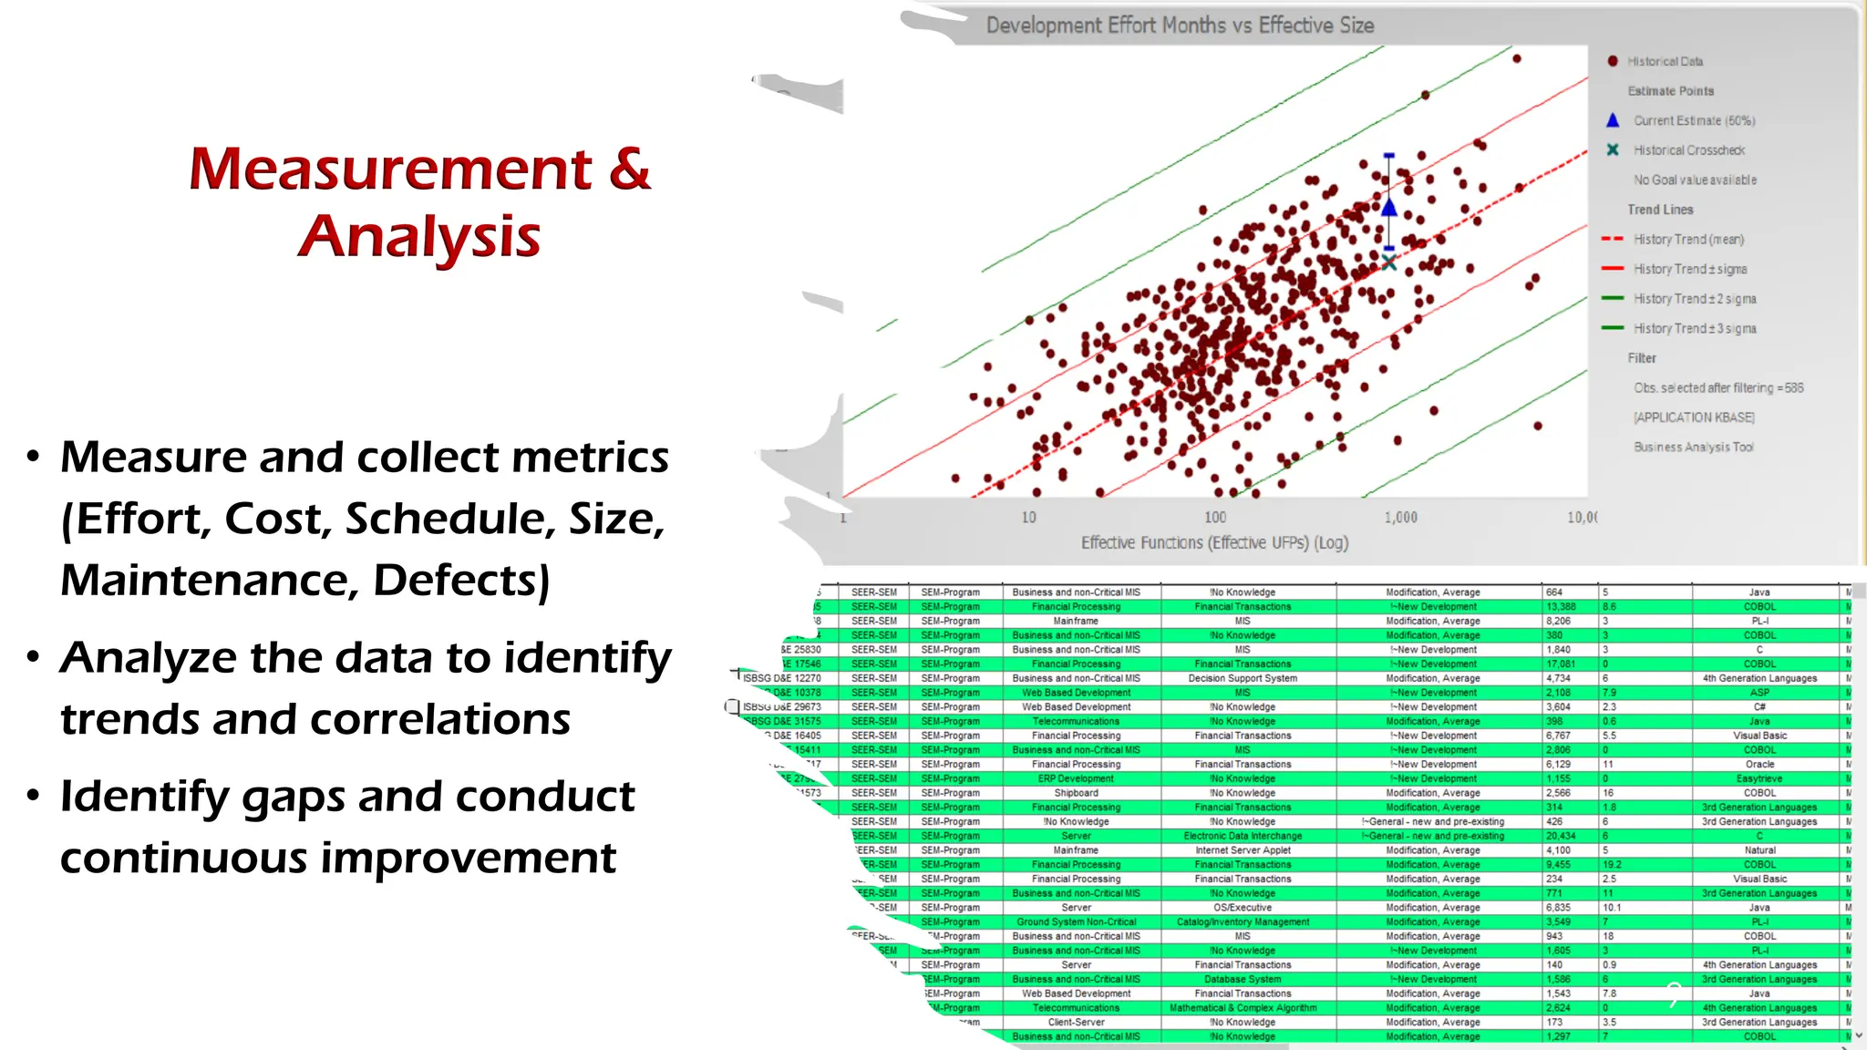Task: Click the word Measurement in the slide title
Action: tap(390, 170)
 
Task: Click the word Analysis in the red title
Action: tap(419, 237)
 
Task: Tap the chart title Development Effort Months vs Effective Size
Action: tap(1180, 26)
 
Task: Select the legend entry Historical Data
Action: tap(1665, 61)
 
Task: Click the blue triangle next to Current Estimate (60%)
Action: tap(1613, 120)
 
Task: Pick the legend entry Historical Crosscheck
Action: tap(1688, 150)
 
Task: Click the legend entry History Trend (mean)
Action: tap(1687, 240)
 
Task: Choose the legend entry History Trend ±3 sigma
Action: tap(1694, 328)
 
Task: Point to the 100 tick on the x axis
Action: tap(1215, 517)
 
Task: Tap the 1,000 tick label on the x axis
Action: tap(1400, 517)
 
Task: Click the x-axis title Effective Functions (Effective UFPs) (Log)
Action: tap(1214, 543)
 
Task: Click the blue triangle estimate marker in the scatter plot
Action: tap(1388, 208)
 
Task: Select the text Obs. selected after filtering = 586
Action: tap(1717, 388)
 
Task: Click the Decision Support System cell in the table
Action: tap(1242, 678)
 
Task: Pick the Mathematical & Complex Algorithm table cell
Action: tap(1242, 1008)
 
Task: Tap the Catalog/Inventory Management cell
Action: tap(1242, 922)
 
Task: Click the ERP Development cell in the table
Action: tap(1076, 778)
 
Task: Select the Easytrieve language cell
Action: tap(1759, 778)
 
